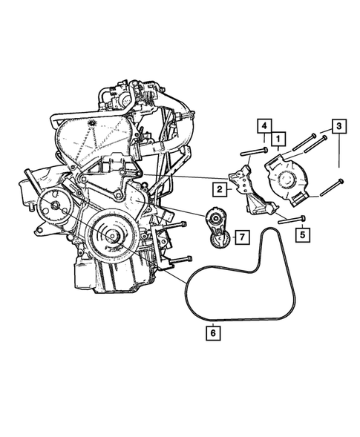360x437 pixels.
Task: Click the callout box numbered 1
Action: click(x=279, y=139)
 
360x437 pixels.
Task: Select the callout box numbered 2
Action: click(x=220, y=190)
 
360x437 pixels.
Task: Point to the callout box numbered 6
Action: click(x=213, y=333)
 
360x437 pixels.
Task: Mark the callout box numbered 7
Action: click(x=241, y=237)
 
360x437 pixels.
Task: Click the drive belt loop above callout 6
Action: click(x=245, y=286)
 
